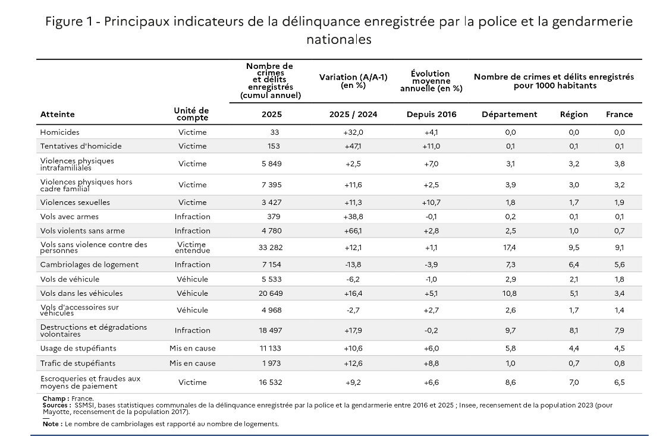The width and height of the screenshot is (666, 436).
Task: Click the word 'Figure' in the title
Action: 63,22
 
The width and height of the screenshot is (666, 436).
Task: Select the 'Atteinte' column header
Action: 58,115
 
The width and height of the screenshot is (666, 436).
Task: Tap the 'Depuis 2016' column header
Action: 431,115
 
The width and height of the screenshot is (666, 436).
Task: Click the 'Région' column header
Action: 574,115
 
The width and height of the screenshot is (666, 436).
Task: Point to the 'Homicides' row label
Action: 59,132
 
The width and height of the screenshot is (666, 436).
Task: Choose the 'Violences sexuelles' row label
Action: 75,203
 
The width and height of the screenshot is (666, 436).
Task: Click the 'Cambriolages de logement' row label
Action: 89,264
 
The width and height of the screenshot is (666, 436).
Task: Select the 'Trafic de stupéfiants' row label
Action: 78,363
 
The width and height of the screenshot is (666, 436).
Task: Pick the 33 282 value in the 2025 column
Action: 272,247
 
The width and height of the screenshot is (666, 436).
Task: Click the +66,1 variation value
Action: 353,230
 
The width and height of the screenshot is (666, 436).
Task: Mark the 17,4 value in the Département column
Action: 510,247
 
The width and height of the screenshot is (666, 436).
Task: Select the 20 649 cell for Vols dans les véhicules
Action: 272,293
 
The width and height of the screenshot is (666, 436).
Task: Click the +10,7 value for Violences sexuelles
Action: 431,203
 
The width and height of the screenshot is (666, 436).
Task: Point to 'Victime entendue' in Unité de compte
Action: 193,247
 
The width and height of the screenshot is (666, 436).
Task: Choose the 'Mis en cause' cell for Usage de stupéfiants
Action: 193,349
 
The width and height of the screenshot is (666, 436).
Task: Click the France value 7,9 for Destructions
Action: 619,330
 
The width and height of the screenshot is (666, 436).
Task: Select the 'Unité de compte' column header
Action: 191,114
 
